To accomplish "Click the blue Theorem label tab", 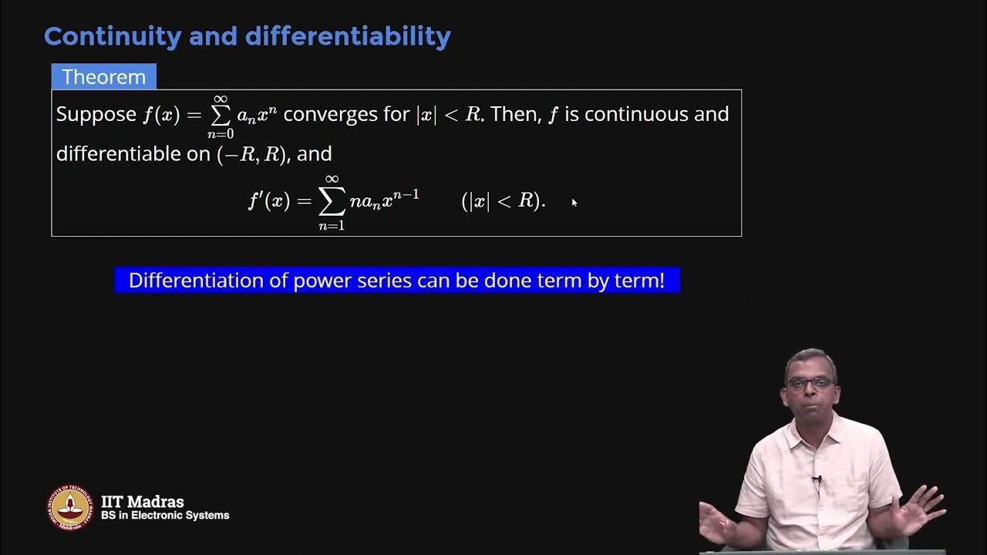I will [103, 77].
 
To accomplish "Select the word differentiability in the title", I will [352, 36].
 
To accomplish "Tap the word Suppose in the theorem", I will [96, 114].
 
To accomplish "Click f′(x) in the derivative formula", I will [268, 201].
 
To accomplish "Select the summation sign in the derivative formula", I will [332, 201].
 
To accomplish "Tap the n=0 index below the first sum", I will [221, 135].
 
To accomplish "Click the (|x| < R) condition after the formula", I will [503, 201].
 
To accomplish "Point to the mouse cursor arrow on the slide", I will [574, 202].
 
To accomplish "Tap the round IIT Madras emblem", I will [70, 508].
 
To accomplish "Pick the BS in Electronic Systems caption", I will [165, 516].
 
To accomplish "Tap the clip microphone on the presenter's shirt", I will [816, 480].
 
